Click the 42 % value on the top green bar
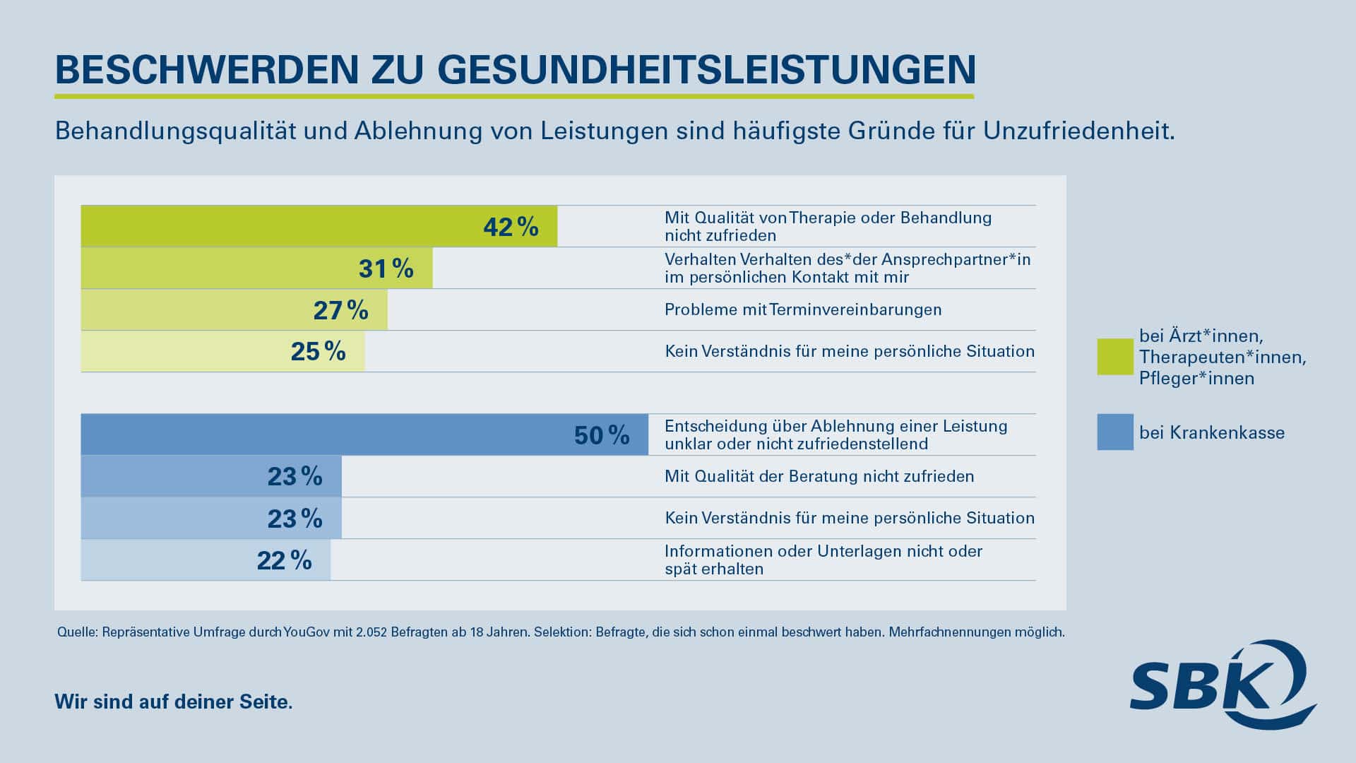coord(511,227)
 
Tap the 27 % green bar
coord(234,310)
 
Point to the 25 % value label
coord(318,352)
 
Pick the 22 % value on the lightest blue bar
coord(284,560)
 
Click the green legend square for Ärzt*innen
coord(1114,357)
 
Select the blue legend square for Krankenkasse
coord(1114,432)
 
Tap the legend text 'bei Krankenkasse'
coord(1212,432)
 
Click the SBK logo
coord(1222,684)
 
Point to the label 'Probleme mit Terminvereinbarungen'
coord(803,309)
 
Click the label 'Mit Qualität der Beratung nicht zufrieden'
coord(819,476)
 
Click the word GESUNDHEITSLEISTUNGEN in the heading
coord(706,69)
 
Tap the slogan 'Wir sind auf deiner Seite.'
coord(173,702)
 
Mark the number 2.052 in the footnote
coord(371,632)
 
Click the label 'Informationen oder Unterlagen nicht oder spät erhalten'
coord(823,560)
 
